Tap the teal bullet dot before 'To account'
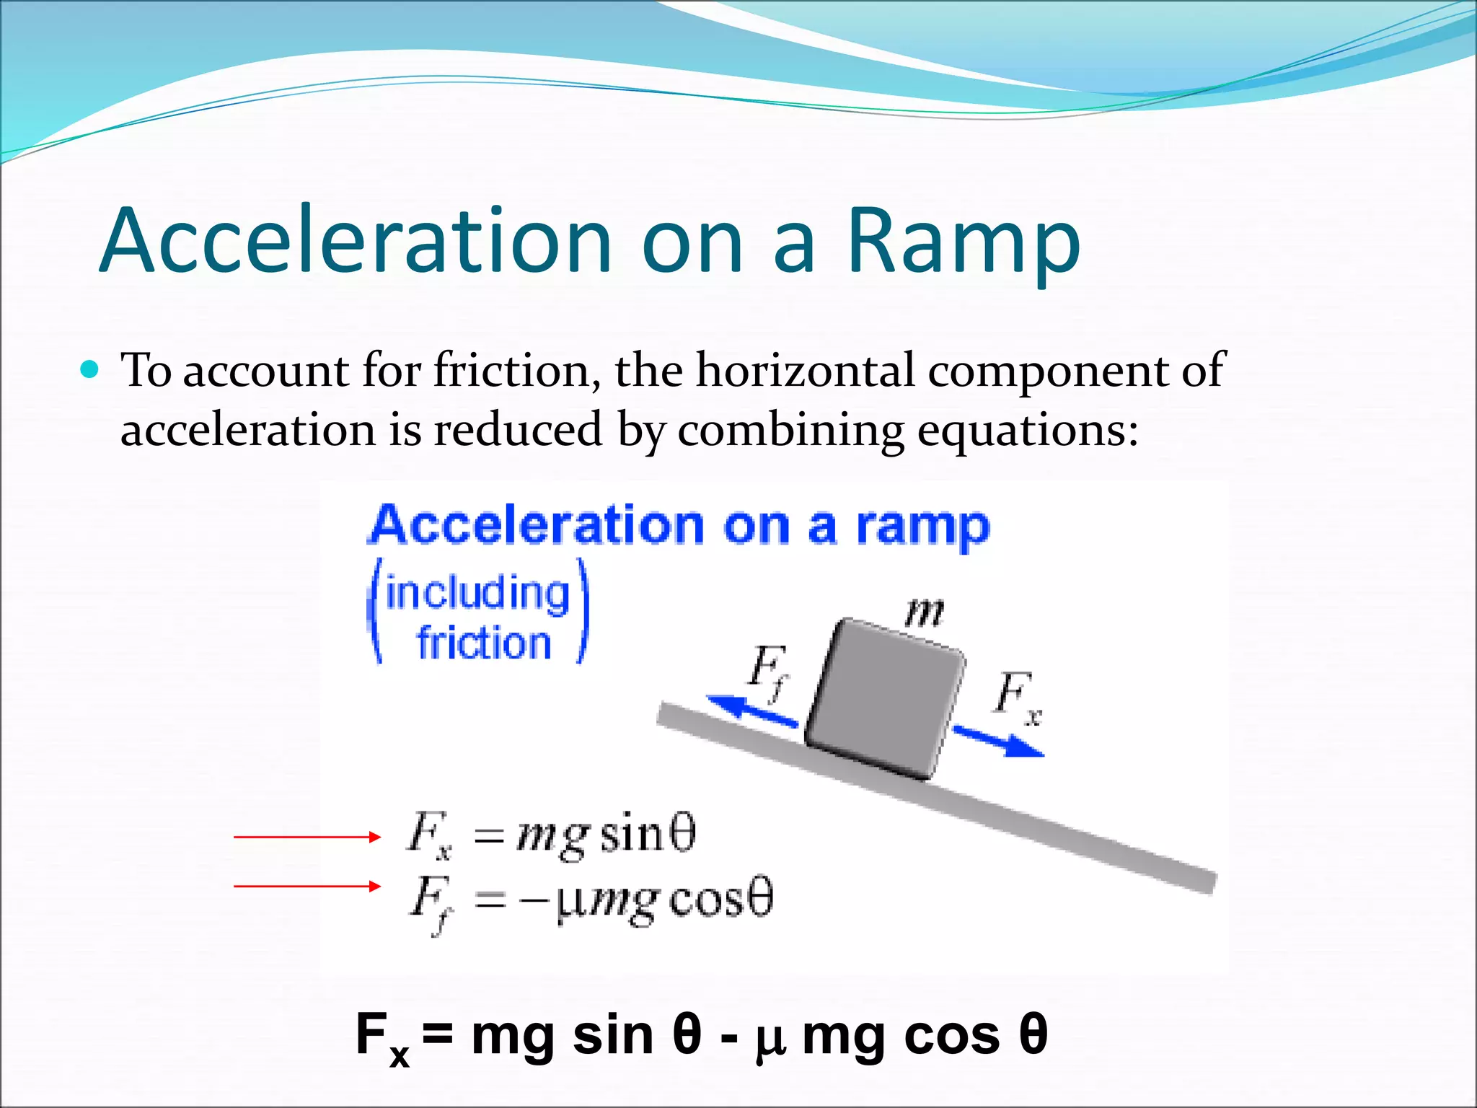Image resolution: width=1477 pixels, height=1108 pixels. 89,370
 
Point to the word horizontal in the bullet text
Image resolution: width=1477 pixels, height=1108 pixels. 804,371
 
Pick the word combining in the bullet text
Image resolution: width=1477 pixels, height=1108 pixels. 790,431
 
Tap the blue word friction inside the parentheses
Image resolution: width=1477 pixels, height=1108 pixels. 484,643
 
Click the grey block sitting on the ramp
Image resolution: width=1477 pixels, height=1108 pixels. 886,698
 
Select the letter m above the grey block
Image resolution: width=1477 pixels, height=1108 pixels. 924,613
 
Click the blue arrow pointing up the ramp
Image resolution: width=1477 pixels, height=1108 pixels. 750,710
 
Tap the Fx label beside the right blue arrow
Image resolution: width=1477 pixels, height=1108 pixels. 1018,697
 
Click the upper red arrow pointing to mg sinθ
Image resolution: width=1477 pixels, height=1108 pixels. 307,837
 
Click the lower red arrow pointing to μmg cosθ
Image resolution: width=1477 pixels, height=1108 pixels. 307,886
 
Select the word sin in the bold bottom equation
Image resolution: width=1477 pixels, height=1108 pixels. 613,1035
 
